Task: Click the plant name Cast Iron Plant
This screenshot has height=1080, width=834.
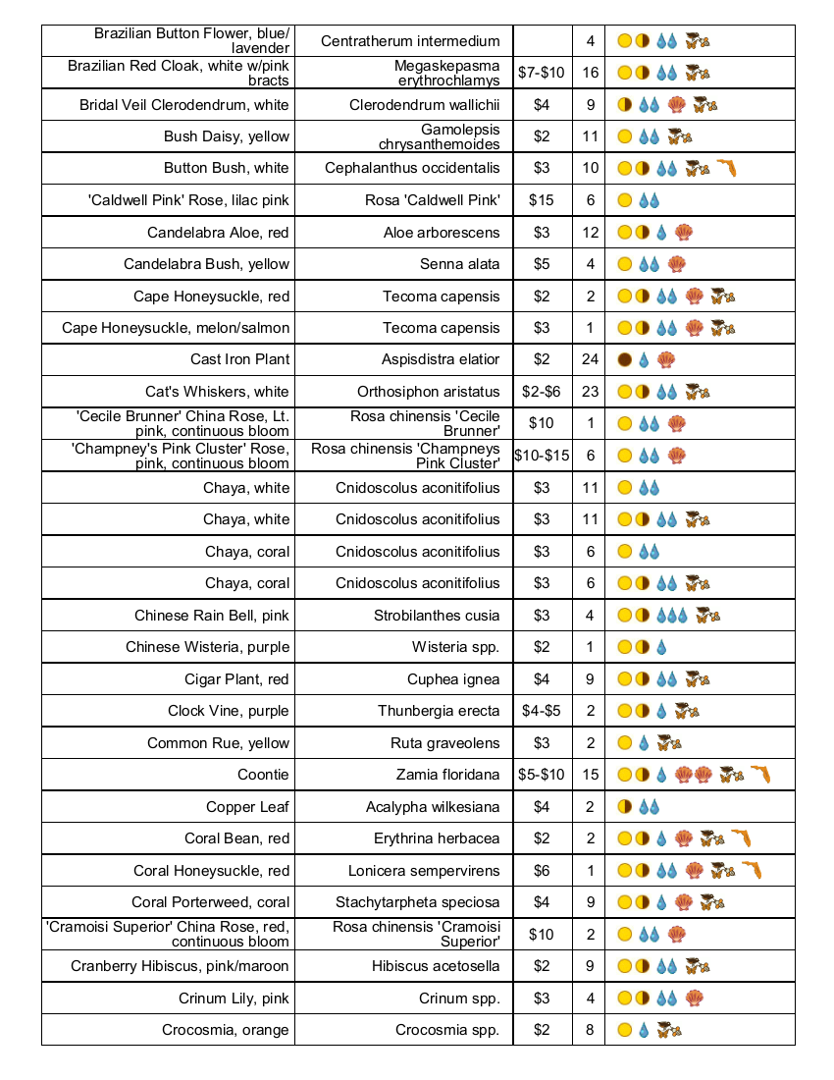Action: [x=240, y=359]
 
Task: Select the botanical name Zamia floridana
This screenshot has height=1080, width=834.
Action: [x=447, y=775]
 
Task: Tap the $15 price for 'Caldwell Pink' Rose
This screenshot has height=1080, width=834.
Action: [x=542, y=200]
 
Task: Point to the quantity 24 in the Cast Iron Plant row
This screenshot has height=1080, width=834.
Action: [x=590, y=359]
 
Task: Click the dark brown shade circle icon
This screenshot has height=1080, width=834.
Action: [x=624, y=359]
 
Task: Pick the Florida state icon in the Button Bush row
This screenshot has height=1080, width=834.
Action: [x=726, y=169]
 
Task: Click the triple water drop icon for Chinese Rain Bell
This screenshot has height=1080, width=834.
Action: [x=672, y=616]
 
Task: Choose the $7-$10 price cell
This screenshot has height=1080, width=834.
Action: [x=542, y=73]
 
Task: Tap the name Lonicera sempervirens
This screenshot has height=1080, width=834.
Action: [x=424, y=871]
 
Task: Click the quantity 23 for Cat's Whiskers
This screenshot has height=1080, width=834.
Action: [x=590, y=392]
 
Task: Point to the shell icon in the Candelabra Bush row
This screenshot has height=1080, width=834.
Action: [x=676, y=264]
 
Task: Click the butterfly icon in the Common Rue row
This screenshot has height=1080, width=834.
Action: [x=670, y=743]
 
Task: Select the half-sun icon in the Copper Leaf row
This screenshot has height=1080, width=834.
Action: [x=624, y=807]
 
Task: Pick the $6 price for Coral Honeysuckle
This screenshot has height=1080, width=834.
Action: [x=542, y=871]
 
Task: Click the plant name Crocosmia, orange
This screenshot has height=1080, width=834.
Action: [x=226, y=1030]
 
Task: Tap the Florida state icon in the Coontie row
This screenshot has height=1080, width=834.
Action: [x=760, y=775]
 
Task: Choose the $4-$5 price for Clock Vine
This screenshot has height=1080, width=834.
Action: [x=542, y=711]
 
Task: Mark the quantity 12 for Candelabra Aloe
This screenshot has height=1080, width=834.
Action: [x=590, y=233]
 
